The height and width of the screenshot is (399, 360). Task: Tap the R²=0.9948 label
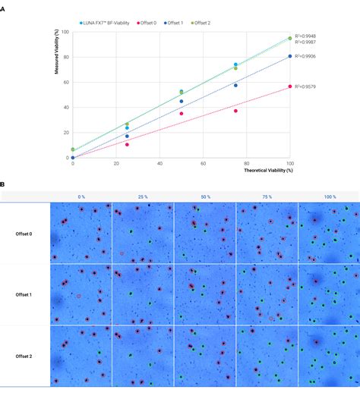[x=305, y=36]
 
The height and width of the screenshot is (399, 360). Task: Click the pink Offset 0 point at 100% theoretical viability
[x=290, y=86]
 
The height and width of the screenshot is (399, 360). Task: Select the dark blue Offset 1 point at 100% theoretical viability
[x=290, y=56]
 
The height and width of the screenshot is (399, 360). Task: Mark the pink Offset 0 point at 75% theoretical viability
[x=235, y=111]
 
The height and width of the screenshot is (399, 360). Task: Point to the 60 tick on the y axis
[x=67, y=82]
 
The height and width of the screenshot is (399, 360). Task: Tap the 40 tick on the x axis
[x=159, y=164]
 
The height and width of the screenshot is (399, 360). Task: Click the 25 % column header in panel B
[x=143, y=195]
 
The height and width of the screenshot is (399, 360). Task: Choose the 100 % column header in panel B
[x=328, y=195]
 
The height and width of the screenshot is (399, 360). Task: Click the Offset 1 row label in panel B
[x=24, y=294]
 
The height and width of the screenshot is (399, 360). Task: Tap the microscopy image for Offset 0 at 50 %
[x=204, y=233]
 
